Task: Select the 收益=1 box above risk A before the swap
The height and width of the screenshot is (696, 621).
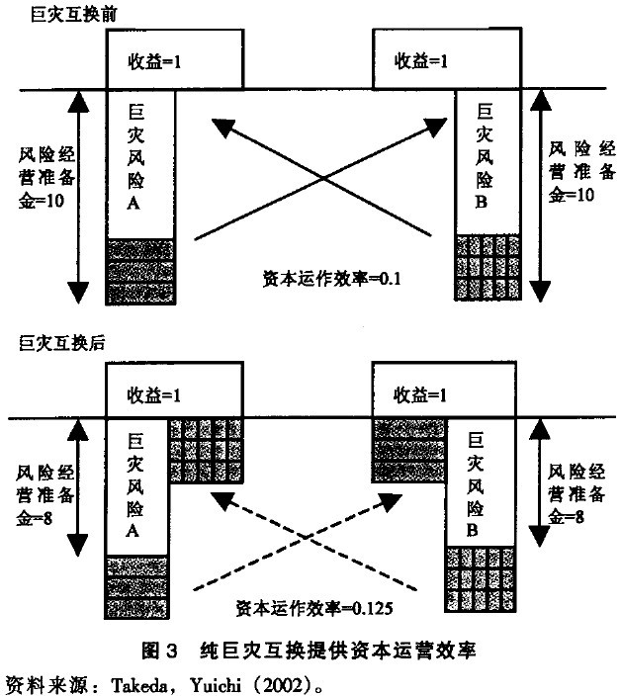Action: click(x=174, y=60)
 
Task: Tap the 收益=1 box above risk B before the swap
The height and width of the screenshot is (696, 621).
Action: click(x=445, y=60)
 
